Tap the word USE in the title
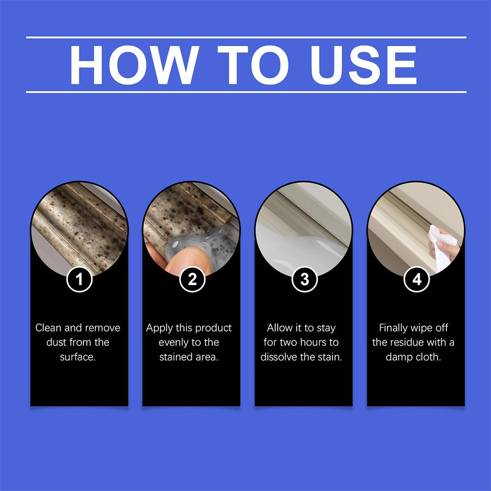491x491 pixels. tap(363, 65)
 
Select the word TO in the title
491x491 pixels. tap(253, 65)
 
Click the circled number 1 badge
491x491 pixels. tap(79, 279)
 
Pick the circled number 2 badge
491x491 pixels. tap(192, 279)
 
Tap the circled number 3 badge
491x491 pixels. tap(305, 279)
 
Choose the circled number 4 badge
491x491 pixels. tap(417, 279)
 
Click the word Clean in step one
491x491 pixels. tap(48, 328)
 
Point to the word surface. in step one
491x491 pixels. tap(78, 357)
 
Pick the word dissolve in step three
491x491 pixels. tap(279, 357)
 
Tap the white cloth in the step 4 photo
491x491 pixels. tap(442, 247)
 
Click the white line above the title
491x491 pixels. tap(246, 37)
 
